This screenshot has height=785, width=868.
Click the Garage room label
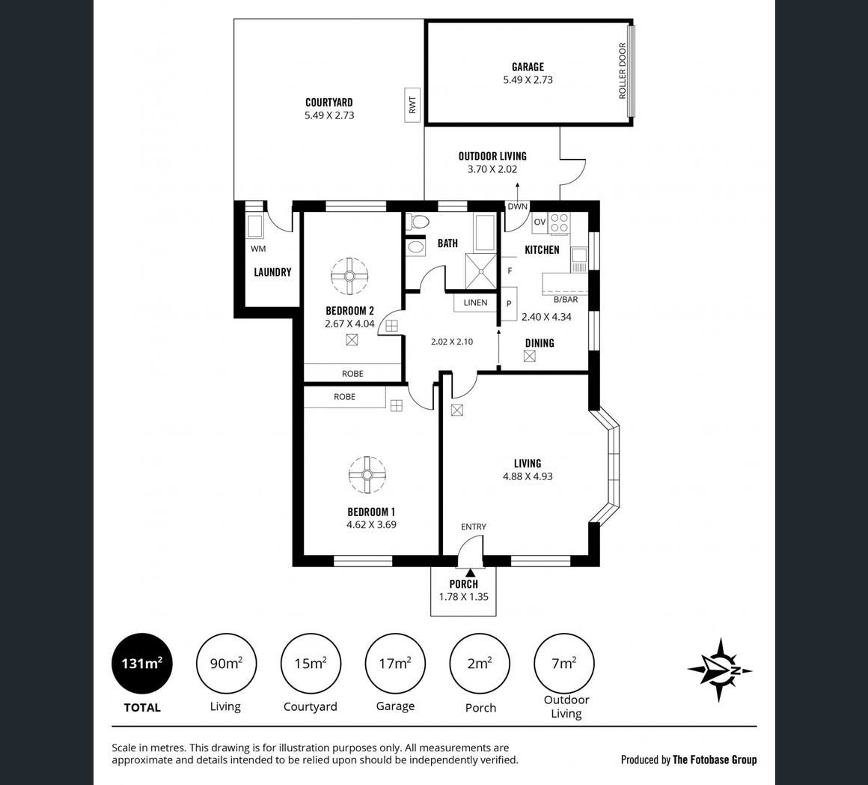click(x=528, y=67)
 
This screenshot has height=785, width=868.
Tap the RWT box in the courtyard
click(x=412, y=106)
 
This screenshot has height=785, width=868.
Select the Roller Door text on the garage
click(x=623, y=71)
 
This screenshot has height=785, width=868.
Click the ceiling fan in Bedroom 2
click(x=349, y=276)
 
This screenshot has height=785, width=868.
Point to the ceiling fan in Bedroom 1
click(x=367, y=475)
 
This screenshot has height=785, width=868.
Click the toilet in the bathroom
click(x=418, y=222)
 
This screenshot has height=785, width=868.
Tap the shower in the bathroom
click(x=480, y=271)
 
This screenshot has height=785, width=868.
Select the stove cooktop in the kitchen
click(x=559, y=222)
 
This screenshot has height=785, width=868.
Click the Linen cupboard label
click(x=475, y=303)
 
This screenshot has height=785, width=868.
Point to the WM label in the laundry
click(x=258, y=249)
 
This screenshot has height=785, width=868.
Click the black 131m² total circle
click(x=142, y=664)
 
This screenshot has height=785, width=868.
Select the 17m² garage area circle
click(x=395, y=664)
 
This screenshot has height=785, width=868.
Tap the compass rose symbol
click(x=720, y=670)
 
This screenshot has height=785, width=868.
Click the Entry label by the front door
click(x=474, y=527)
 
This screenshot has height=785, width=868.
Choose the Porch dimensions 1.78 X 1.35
click(x=464, y=597)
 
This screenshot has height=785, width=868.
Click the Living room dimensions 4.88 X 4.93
click(x=528, y=476)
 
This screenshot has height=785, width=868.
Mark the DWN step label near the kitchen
click(x=518, y=207)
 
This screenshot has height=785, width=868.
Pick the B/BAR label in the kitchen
click(x=566, y=300)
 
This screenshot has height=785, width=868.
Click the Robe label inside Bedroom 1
click(x=344, y=397)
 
